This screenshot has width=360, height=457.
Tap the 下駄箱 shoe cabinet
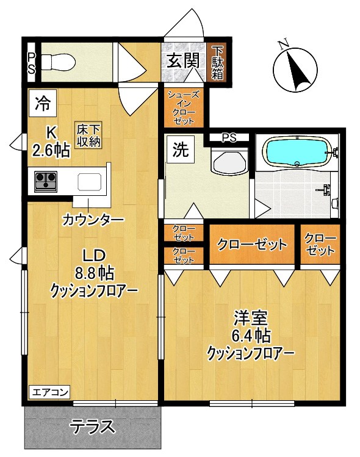pos(218,61)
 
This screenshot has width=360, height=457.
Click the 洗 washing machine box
pos(181,150)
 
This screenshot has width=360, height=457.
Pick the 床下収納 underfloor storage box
pos(89,135)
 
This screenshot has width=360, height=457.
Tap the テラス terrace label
pos(93,425)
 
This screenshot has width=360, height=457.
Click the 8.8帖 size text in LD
pos(93,273)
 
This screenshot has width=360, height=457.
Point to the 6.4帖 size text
pos(251,335)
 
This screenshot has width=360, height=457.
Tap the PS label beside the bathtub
pos(229,138)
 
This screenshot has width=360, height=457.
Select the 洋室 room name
pos(251,317)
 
